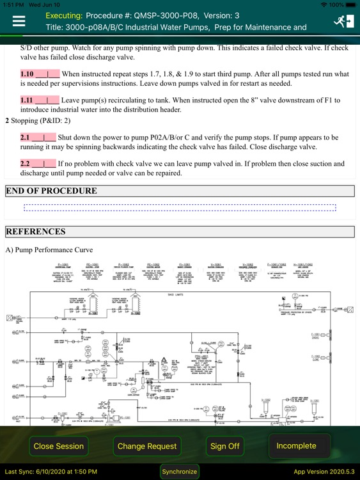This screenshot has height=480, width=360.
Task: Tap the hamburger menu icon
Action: pyautogui.click(x=19, y=21)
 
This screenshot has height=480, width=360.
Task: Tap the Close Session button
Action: pyautogui.click(x=59, y=446)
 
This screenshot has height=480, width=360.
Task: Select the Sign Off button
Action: pyautogui.click(x=225, y=446)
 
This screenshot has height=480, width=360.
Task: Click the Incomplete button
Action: pyautogui.click(x=296, y=445)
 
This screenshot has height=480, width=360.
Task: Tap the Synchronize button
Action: pyautogui.click(x=180, y=472)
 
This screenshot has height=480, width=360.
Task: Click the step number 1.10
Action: pyautogui.click(x=27, y=74)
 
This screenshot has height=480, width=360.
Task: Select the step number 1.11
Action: pyautogui.click(x=27, y=100)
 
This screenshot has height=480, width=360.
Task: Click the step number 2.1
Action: pyautogui.click(x=25, y=138)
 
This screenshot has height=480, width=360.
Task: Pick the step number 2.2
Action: pyautogui.click(x=25, y=164)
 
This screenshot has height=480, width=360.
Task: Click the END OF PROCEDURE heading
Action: pyautogui.click(x=51, y=191)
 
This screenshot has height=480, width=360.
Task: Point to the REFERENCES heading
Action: pyautogui.click(x=36, y=232)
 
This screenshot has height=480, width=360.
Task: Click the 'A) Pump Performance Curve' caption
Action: pyautogui.click(x=49, y=250)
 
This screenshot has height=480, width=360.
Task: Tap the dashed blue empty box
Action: pyautogui.click(x=180, y=208)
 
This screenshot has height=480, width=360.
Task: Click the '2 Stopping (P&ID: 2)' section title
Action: pyautogui.click(x=38, y=120)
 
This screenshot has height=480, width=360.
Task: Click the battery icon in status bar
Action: pyautogui.click(x=351, y=4)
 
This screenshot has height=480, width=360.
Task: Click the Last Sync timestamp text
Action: pyautogui.click(x=51, y=472)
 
